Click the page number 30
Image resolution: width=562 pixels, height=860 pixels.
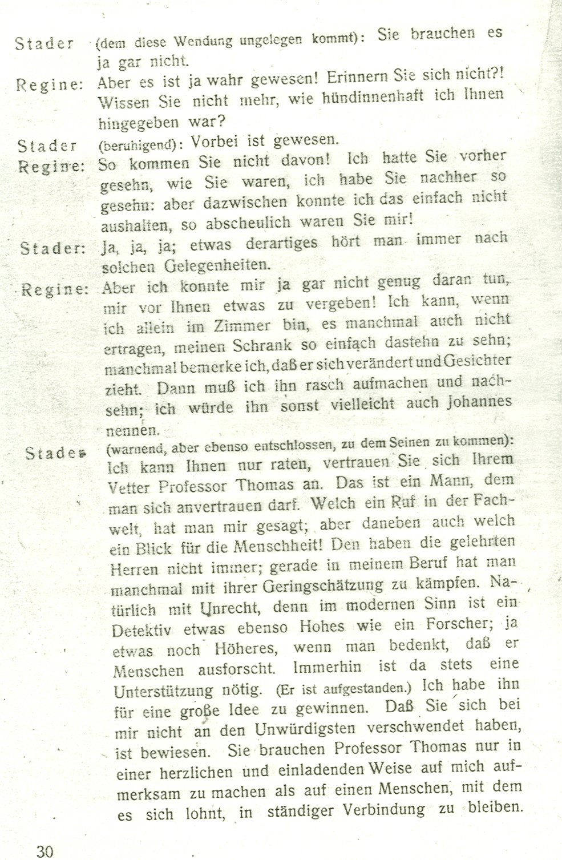45,851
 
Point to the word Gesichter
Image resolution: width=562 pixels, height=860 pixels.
475,364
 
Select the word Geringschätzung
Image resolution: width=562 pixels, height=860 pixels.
322,586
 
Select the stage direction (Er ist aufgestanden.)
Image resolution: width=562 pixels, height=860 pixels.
343,688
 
